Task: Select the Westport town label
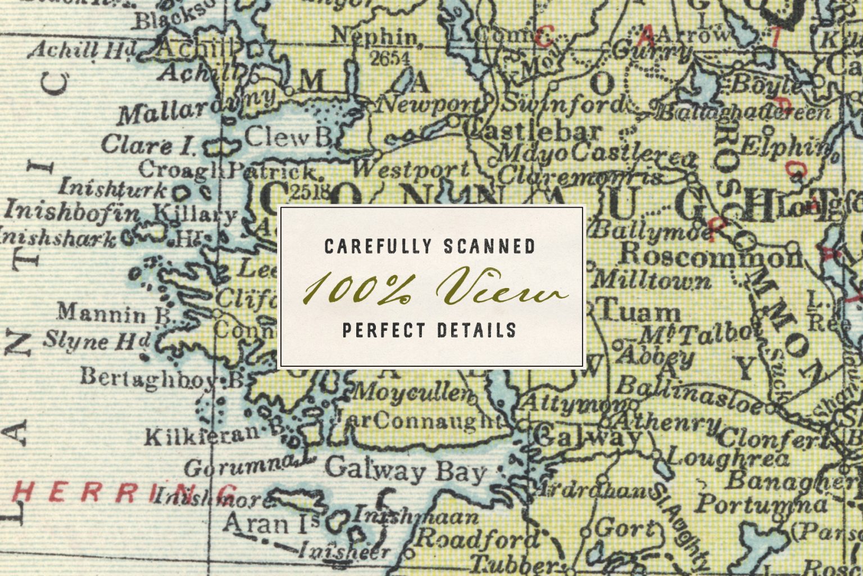point(411,169)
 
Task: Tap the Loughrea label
point(729,458)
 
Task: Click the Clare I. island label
point(148,145)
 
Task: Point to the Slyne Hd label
point(97,340)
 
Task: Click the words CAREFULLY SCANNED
point(430,246)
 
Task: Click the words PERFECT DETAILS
point(429,330)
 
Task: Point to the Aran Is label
point(271,524)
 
